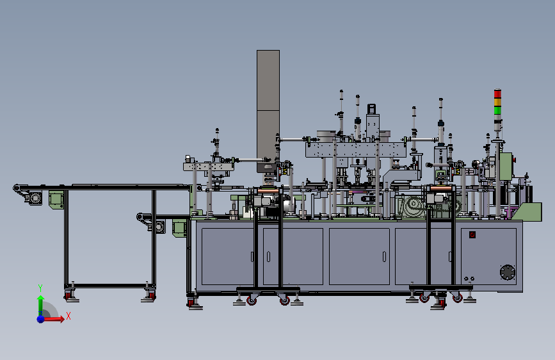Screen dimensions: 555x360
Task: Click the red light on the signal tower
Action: tap(497, 94)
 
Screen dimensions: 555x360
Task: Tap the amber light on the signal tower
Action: tap(497, 102)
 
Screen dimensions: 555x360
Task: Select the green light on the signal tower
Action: tap(497, 110)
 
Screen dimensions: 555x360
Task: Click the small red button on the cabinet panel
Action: tap(472, 234)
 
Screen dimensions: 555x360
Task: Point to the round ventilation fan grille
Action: tap(507, 272)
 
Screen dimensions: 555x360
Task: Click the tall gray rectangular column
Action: tap(268, 105)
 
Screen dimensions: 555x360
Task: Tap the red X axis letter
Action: tap(68, 316)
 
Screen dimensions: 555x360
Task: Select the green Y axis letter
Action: tap(40, 288)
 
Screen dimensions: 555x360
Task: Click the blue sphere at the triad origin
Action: tap(41, 319)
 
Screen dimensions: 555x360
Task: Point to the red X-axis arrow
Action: tap(53, 319)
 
